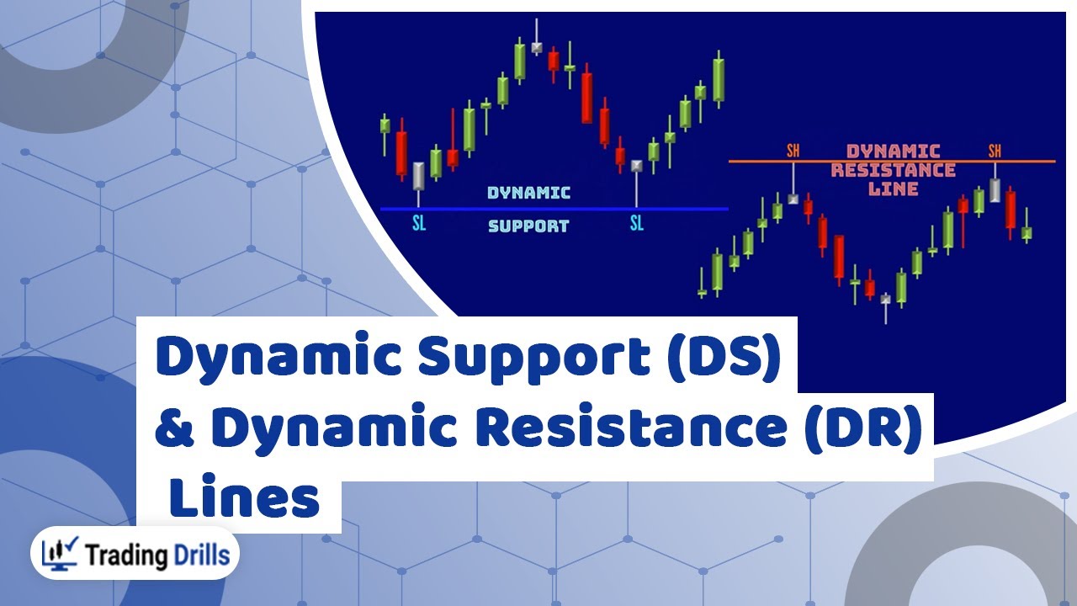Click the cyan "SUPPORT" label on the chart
coord(528,226)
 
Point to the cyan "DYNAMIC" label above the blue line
coord(528,193)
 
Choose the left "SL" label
coord(419,224)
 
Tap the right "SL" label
coord(636,223)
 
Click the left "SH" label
coord(793,151)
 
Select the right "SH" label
coord(995,151)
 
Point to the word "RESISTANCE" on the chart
coord(894,170)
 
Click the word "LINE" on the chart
coord(894,189)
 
